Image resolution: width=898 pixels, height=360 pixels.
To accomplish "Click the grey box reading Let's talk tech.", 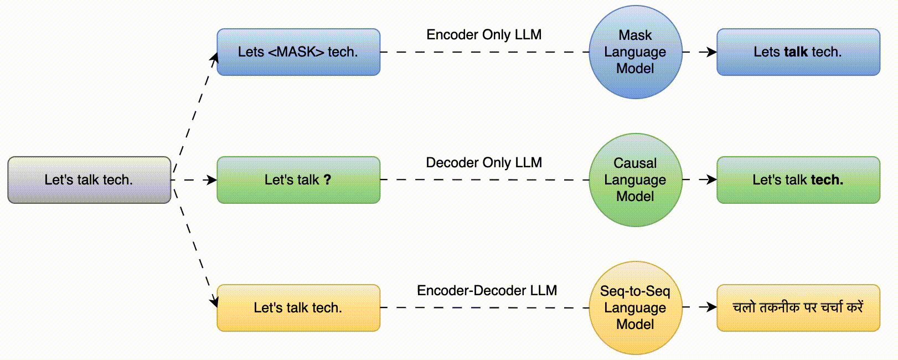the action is click(89, 180).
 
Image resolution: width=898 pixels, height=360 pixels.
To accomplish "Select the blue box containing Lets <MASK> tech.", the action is click(298, 52).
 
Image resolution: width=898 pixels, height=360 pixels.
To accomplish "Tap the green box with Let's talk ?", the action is click(298, 180).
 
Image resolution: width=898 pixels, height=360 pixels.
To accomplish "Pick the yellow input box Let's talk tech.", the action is click(298, 308).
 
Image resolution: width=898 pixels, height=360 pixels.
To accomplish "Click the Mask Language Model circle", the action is click(636, 52).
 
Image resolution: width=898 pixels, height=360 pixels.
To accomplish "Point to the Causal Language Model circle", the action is click(636, 180).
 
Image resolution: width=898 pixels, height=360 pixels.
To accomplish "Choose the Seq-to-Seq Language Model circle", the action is click(636, 308).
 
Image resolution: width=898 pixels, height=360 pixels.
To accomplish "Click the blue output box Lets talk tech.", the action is click(798, 52).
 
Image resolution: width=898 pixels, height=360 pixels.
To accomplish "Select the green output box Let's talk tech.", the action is click(798, 180).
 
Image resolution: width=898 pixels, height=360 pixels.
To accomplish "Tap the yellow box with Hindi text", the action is click(798, 308).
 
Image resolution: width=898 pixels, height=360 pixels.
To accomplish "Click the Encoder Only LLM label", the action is click(484, 35).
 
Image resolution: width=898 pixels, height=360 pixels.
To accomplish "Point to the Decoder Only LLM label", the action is click(484, 163).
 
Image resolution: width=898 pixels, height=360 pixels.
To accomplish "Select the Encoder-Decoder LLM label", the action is click(487, 291).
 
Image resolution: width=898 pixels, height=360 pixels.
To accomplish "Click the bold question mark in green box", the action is click(327, 179).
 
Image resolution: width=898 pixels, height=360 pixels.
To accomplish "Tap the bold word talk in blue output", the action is click(796, 52).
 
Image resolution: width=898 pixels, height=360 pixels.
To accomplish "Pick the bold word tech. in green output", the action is click(827, 179).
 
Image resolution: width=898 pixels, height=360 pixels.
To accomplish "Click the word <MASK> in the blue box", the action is click(296, 52).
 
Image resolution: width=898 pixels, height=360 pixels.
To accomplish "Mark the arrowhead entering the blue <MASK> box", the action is click(215, 58).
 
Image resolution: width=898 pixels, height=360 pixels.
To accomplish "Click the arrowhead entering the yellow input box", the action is click(214, 302).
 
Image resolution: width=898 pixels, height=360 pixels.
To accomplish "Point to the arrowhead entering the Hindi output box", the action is click(712, 307).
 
